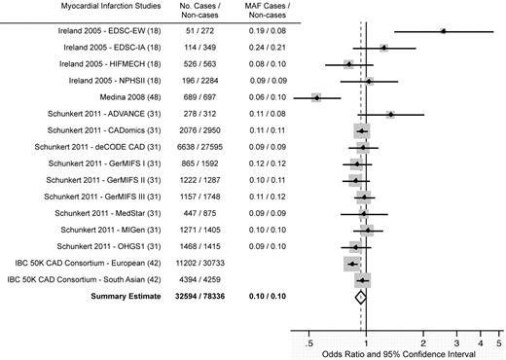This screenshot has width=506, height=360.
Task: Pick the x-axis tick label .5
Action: click(x=309, y=343)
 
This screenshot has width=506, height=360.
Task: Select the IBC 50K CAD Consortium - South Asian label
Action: click(x=79, y=280)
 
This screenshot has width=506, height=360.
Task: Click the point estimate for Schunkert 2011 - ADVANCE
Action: click(x=390, y=114)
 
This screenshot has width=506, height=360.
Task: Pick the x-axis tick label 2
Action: click(x=423, y=343)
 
